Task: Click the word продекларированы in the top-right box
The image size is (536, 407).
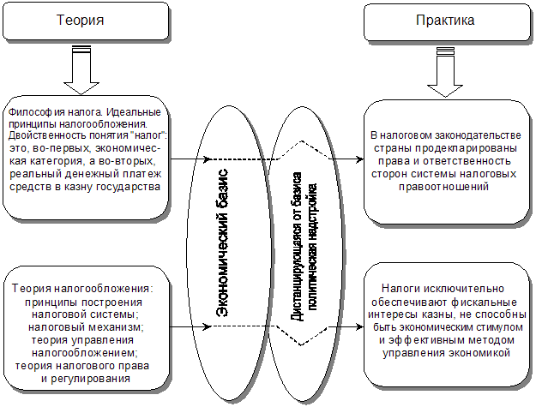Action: pos(460,147)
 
